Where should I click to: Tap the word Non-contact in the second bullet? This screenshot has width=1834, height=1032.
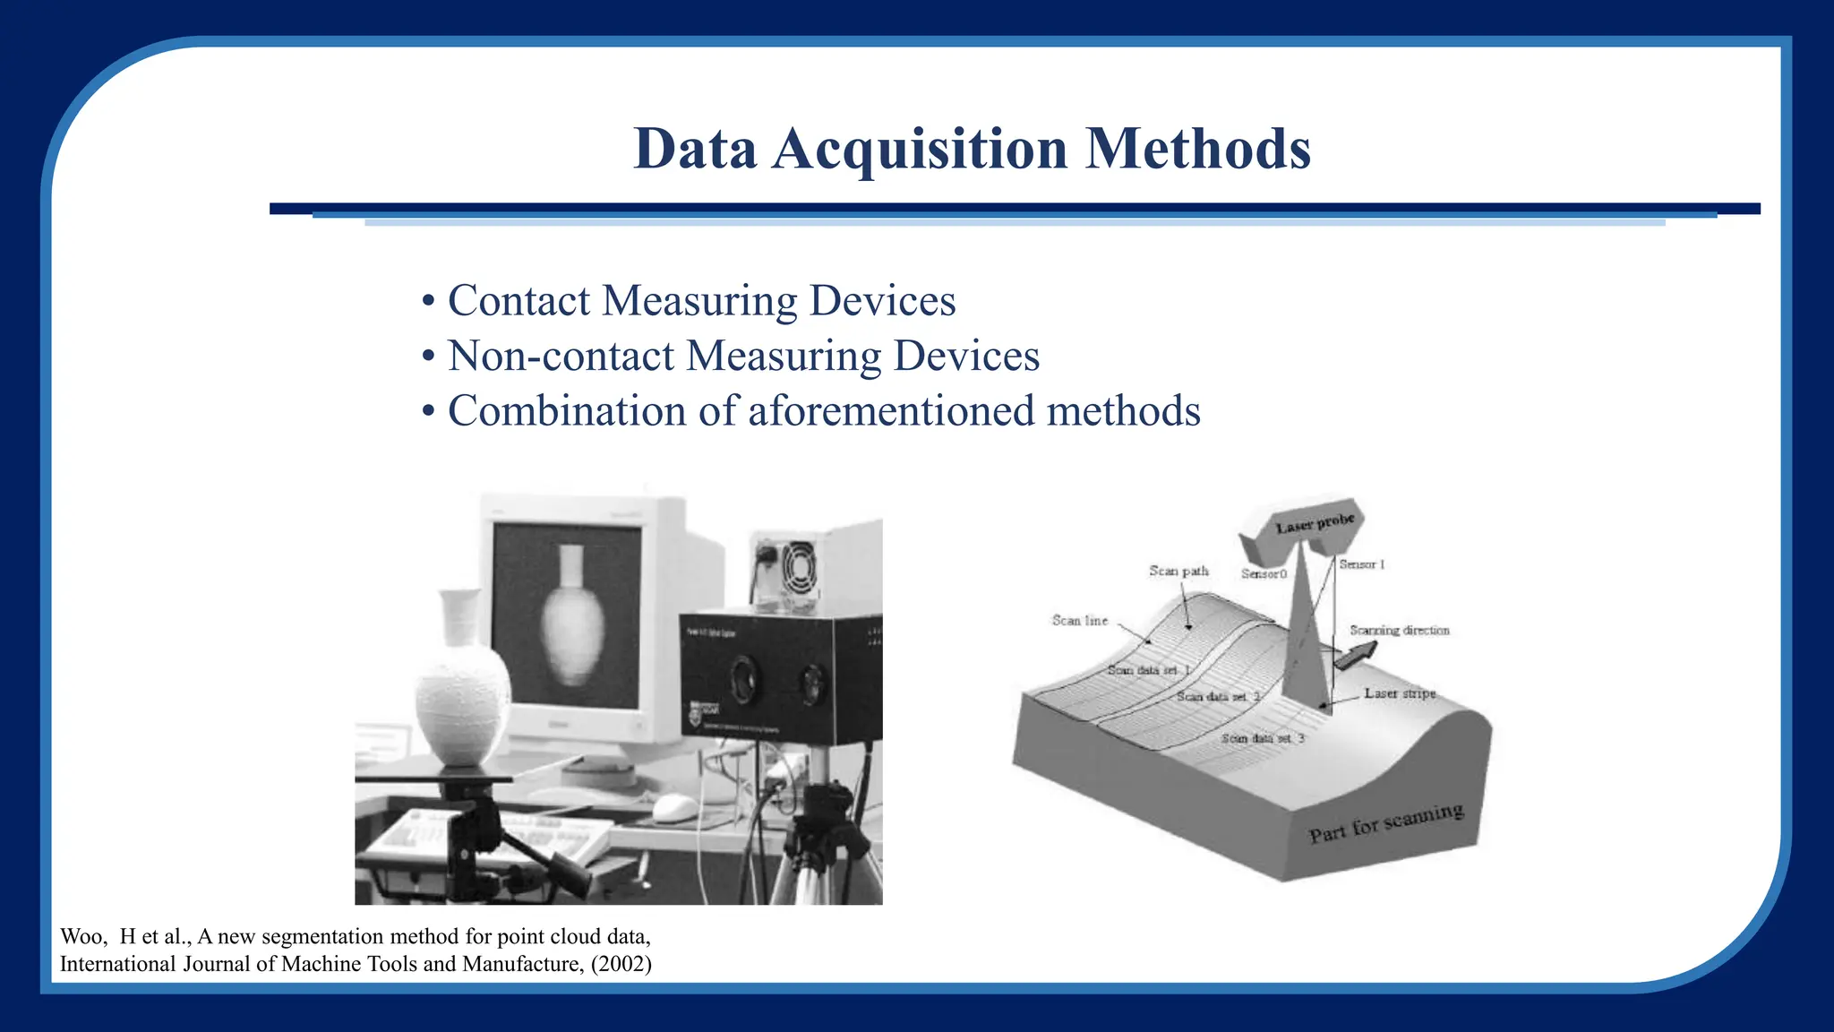(561, 357)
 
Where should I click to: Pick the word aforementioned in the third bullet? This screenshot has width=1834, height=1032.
(890, 412)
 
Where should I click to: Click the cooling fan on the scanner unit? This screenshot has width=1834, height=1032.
(796, 567)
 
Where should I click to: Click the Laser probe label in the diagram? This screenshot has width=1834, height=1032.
(1315, 524)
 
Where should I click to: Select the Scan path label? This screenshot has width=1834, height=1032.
(1178, 571)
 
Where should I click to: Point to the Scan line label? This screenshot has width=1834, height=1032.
(1080, 620)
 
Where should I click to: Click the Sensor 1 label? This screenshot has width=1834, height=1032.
(1362, 564)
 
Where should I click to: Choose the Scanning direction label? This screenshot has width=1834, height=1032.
(1399, 631)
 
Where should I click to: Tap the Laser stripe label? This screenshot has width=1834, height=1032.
(1400, 693)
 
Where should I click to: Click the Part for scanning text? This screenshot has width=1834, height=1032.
(1385, 823)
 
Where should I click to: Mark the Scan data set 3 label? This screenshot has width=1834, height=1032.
(1263, 738)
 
